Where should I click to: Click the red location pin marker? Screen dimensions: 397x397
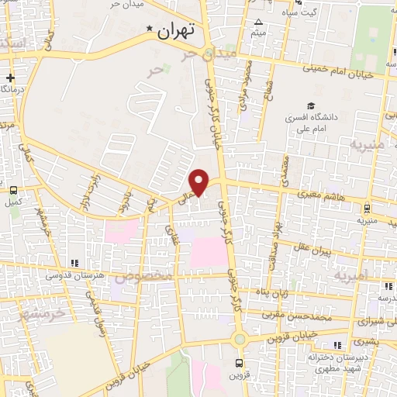[199, 181]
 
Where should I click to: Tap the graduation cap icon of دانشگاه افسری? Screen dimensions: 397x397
[311, 106]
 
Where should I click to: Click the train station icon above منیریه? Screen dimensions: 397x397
[366, 206]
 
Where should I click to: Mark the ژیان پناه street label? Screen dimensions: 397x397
[273, 294]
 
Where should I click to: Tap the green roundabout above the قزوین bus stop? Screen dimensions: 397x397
[240, 338]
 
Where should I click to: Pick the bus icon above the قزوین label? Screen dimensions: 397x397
[240, 361]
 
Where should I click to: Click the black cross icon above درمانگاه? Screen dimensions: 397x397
[10, 78]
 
